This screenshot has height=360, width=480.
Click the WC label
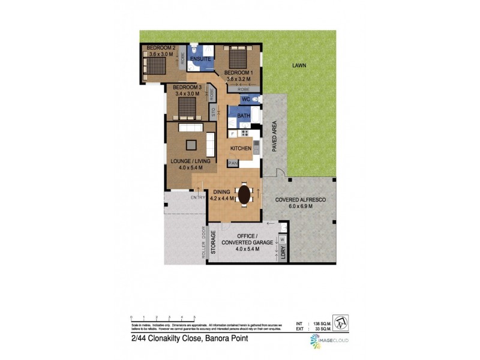coord(246,99)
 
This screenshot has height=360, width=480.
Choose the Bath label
coord(243,116)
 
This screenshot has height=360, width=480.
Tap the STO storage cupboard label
coord(213,112)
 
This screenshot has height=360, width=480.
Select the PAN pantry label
coord(232,163)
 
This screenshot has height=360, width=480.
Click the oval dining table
coord(244,194)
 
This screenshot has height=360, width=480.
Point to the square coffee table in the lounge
coord(191,144)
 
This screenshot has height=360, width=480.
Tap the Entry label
coord(197,197)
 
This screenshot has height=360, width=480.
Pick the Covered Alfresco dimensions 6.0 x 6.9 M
coord(294,206)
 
